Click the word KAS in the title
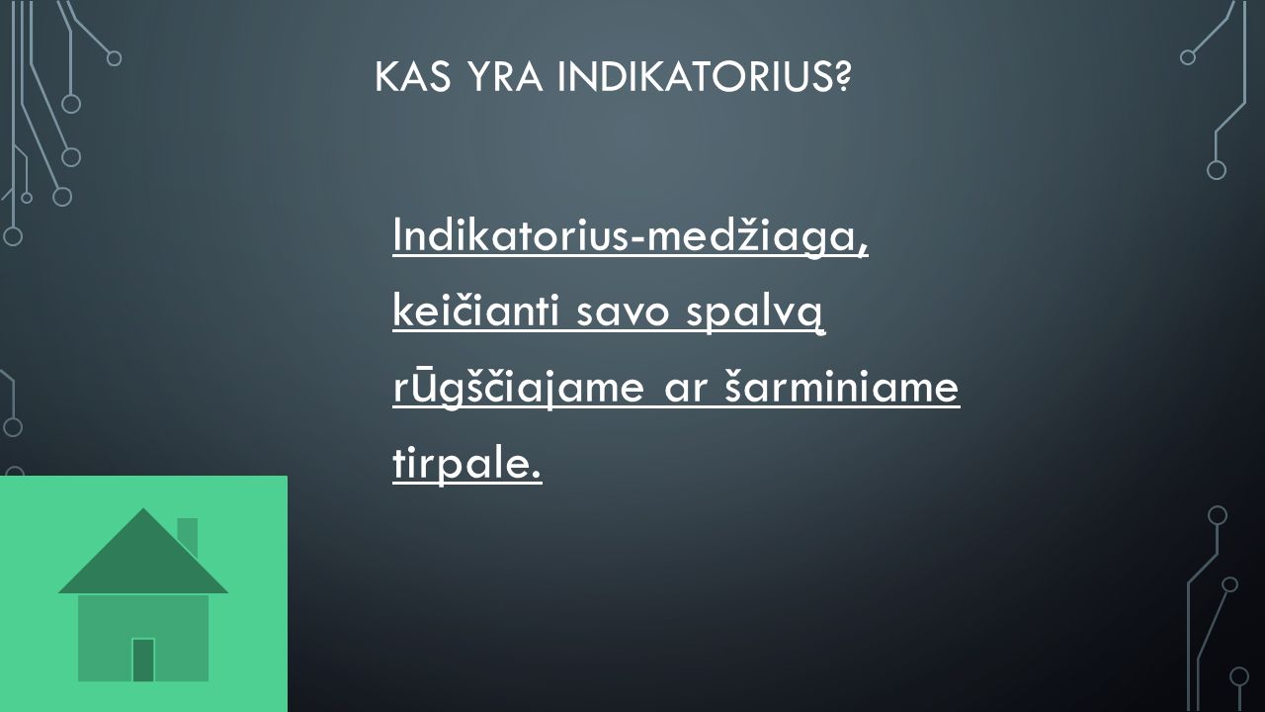coord(413,77)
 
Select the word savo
coord(623,314)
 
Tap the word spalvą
coord(755,313)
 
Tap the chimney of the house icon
coord(188,536)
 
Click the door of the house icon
coord(143,660)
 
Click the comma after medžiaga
coord(863,252)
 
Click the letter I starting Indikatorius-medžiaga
coord(396,235)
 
